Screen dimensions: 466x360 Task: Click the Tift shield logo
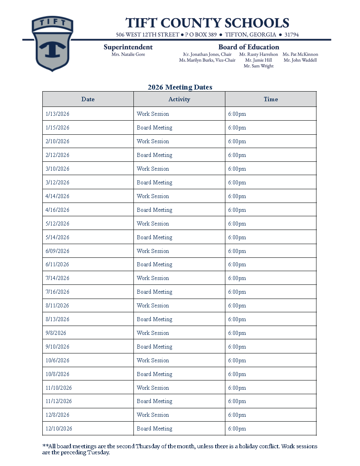(x=52, y=44)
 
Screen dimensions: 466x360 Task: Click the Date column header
(x=88, y=99)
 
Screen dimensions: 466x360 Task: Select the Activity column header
(x=179, y=99)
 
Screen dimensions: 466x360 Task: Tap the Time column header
(x=271, y=99)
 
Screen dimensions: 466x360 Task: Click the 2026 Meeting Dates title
(x=180, y=87)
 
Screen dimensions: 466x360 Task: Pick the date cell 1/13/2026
(x=58, y=114)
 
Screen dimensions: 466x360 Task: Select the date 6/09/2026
(x=58, y=251)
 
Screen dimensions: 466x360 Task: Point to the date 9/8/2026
(x=56, y=333)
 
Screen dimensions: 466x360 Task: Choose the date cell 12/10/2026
(x=59, y=429)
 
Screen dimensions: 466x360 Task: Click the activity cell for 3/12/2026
(x=154, y=183)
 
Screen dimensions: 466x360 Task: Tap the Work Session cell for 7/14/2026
(x=153, y=278)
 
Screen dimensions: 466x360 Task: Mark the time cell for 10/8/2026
(x=237, y=374)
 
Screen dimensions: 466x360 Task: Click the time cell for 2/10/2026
(x=237, y=142)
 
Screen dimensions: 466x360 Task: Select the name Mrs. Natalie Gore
(x=128, y=54)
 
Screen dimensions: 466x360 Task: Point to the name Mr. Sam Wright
(x=258, y=66)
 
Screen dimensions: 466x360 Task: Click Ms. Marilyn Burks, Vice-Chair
(x=207, y=61)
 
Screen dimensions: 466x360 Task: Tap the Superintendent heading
(x=128, y=47)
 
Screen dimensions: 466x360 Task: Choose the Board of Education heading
(x=249, y=47)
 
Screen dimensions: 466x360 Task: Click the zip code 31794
(x=291, y=35)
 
